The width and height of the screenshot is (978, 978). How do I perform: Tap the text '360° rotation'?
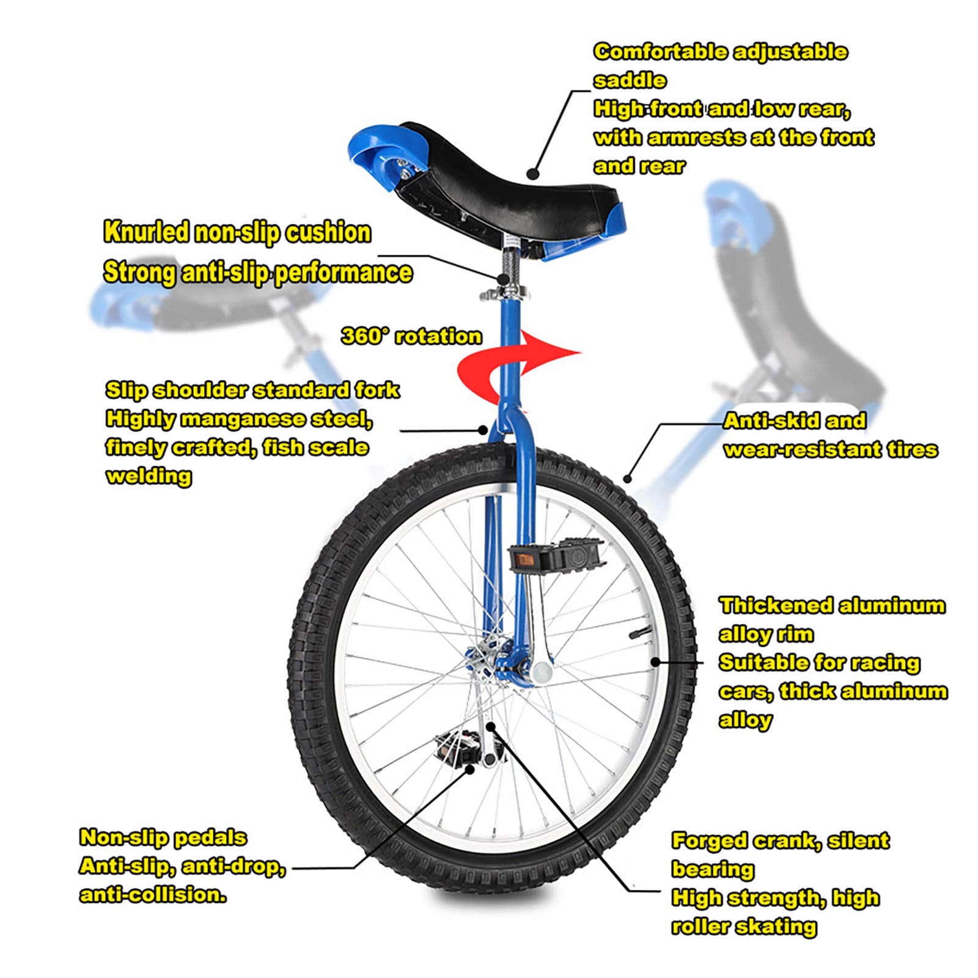tap(411, 336)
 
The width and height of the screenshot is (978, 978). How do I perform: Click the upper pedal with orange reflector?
tap(554, 555)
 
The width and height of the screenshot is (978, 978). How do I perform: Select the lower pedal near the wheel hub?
tap(468, 746)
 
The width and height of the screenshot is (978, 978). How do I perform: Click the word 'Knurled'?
tap(145, 232)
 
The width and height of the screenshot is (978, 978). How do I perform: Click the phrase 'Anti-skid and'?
tap(795, 421)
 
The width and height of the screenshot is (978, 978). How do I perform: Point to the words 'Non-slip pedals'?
tap(163, 837)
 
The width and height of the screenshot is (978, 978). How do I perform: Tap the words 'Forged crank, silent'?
tap(780, 841)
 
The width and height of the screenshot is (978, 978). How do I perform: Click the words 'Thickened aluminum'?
tap(832, 606)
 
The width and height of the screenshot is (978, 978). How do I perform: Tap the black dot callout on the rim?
tap(655, 661)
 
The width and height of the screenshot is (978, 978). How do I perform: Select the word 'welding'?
tap(149, 477)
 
